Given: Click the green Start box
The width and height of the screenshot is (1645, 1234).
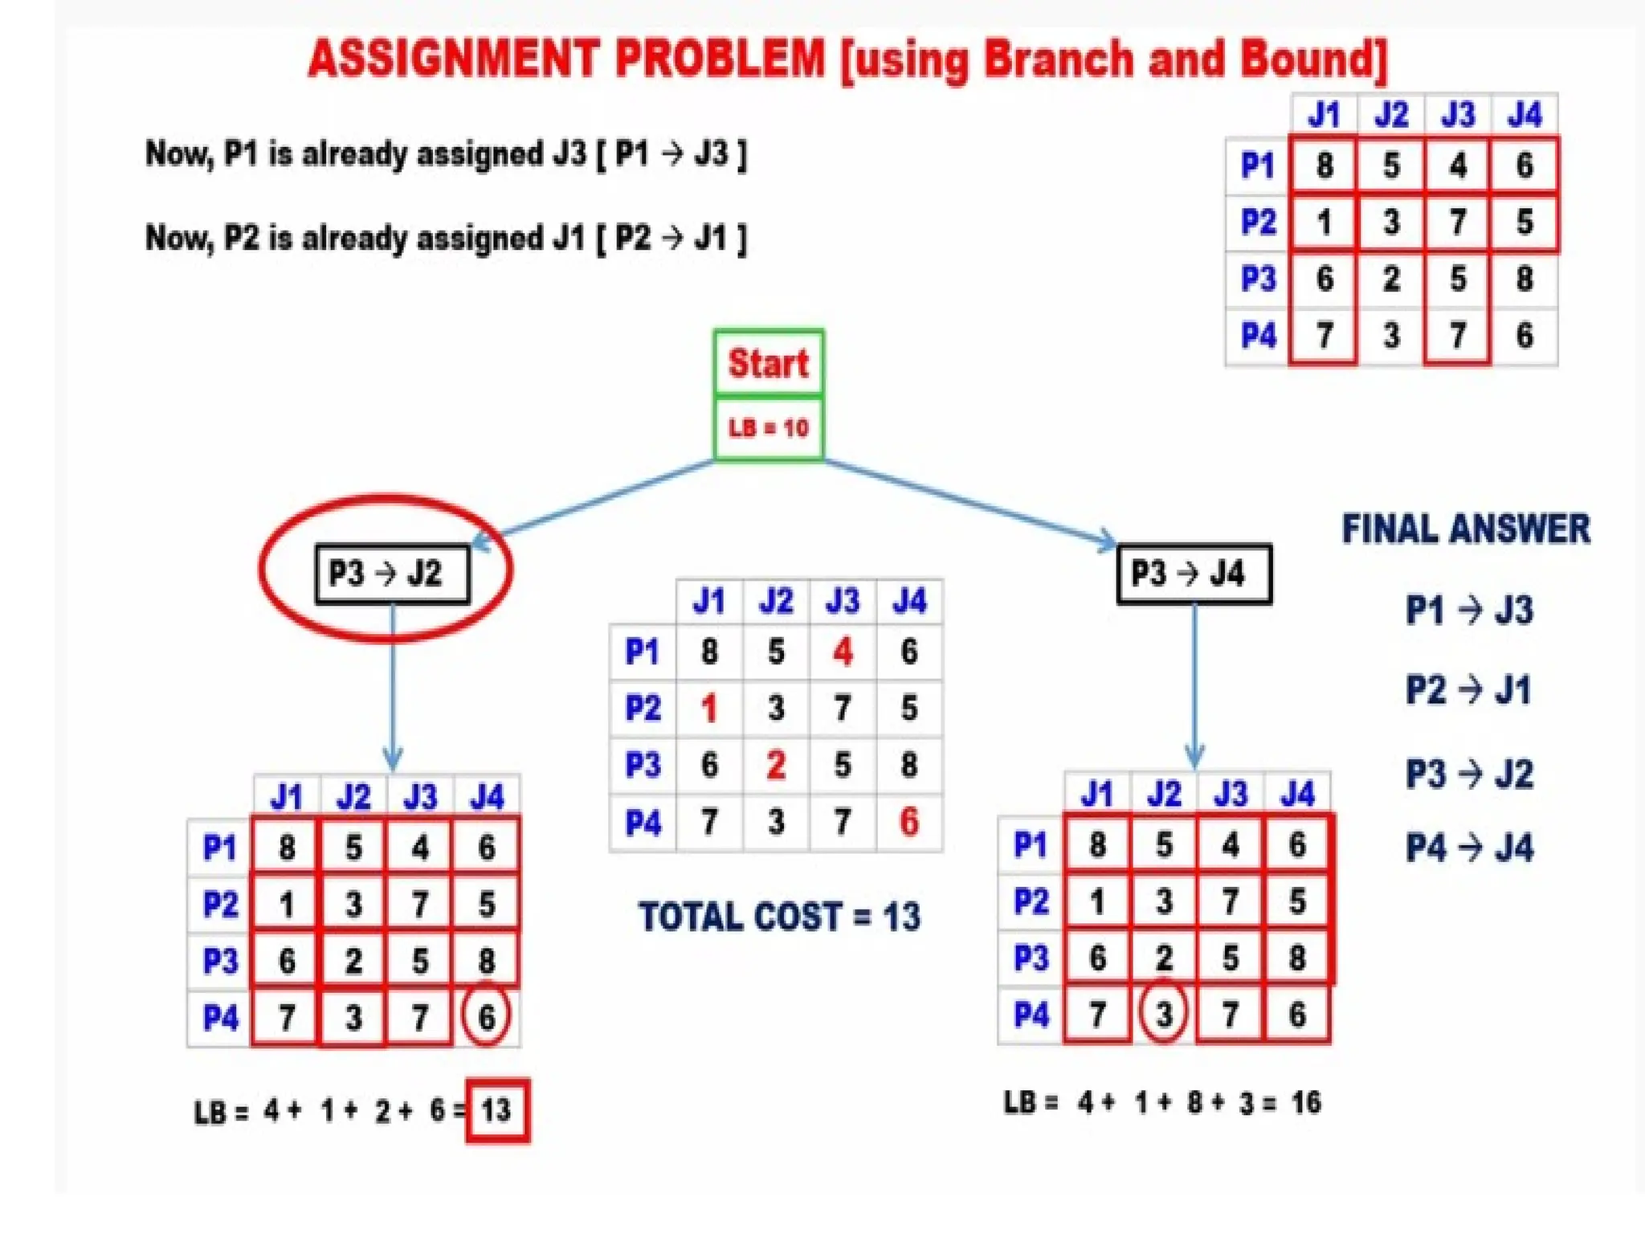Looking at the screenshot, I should tap(768, 363).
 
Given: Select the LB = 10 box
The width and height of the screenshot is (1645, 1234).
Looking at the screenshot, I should tap(768, 427).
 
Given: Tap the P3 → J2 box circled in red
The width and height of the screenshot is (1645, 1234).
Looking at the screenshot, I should tap(391, 574).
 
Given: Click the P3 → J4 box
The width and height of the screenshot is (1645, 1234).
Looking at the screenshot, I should tap(1194, 574).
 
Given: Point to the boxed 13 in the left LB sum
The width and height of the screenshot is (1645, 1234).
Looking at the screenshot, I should tap(497, 1110).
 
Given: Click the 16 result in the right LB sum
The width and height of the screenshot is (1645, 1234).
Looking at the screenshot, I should tap(1305, 1102).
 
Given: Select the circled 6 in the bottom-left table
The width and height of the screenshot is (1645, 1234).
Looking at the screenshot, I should tap(486, 1017).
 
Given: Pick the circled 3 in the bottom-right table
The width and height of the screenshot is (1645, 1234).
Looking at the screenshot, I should tap(1163, 1014).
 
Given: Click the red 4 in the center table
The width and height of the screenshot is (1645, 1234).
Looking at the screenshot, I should tap(843, 652).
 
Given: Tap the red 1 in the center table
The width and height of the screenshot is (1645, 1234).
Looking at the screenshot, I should tap(708, 709).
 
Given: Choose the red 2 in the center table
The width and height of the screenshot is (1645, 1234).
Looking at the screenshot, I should tap(776, 765).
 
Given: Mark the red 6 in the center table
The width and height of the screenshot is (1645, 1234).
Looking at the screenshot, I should tap(908, 822).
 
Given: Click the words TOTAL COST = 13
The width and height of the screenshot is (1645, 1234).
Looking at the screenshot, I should tap(779, 917).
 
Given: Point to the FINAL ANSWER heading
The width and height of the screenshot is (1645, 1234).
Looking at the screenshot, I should tap(1466, 529).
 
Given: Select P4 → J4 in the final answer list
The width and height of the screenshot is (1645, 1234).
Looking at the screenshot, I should tap(1469, 848).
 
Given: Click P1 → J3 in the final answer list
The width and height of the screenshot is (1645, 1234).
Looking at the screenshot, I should tap(1469, 610).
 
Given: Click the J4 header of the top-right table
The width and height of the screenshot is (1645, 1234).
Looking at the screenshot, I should tap(1524, 115).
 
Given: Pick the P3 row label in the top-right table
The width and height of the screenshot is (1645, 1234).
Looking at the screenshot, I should tap(1258, 279).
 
